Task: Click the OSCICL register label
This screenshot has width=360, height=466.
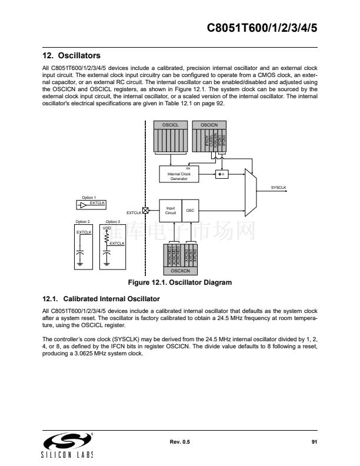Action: tap(171, 125)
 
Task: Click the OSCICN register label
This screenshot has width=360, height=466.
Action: tap(209, 125)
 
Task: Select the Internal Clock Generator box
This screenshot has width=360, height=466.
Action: tap(179, 175)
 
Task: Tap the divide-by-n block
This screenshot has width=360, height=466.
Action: tap(221, 174)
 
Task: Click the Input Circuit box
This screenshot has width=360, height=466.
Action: tap(171, 210)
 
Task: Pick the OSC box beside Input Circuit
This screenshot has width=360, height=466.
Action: tap(190, 210)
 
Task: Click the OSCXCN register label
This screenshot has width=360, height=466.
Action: tap(180, 271)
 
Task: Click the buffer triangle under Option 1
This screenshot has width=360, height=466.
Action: tap(83, 205)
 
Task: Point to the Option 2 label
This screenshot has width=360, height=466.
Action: tap(82, 221)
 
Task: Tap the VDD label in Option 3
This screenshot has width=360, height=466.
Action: tap(106, 227)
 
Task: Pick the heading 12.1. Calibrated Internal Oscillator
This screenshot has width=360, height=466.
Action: tap(101, 298)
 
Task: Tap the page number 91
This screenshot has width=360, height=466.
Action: tap(314, 441)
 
